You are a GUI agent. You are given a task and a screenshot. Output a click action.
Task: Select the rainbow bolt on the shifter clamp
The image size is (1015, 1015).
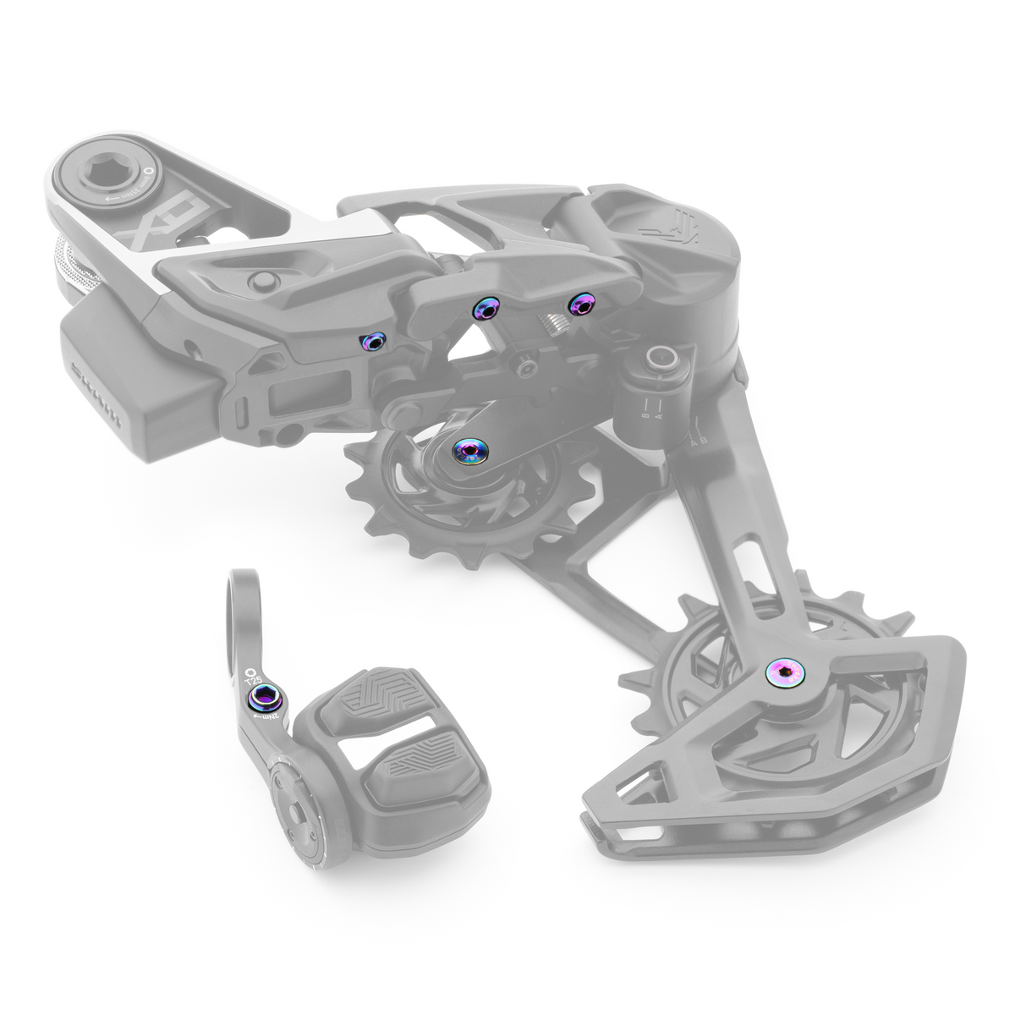[261, 699]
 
